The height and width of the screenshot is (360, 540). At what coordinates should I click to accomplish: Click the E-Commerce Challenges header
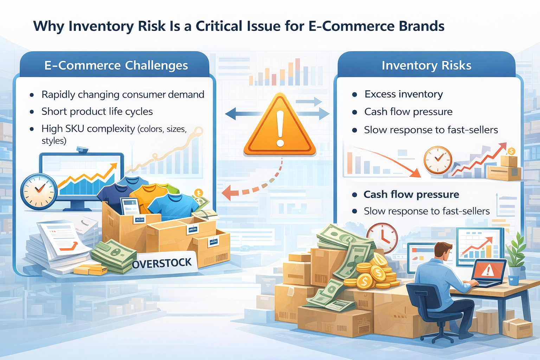(x=116, y=65)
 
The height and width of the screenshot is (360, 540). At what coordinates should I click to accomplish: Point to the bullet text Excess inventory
(x=404, y=94)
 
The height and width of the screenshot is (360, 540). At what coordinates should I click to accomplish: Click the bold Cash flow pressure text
(x=411, y=194)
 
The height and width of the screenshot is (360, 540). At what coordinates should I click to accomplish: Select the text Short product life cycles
(x=97, y=112)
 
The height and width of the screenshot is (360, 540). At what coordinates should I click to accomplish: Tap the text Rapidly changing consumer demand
(x=123, y=95)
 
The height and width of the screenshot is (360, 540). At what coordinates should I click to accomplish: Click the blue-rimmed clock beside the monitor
(x=39, y=192)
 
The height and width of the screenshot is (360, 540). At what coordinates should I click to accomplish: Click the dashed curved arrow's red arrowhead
(x=227, y=193)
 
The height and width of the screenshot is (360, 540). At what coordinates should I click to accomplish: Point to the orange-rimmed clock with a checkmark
(x=438, y=160)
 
